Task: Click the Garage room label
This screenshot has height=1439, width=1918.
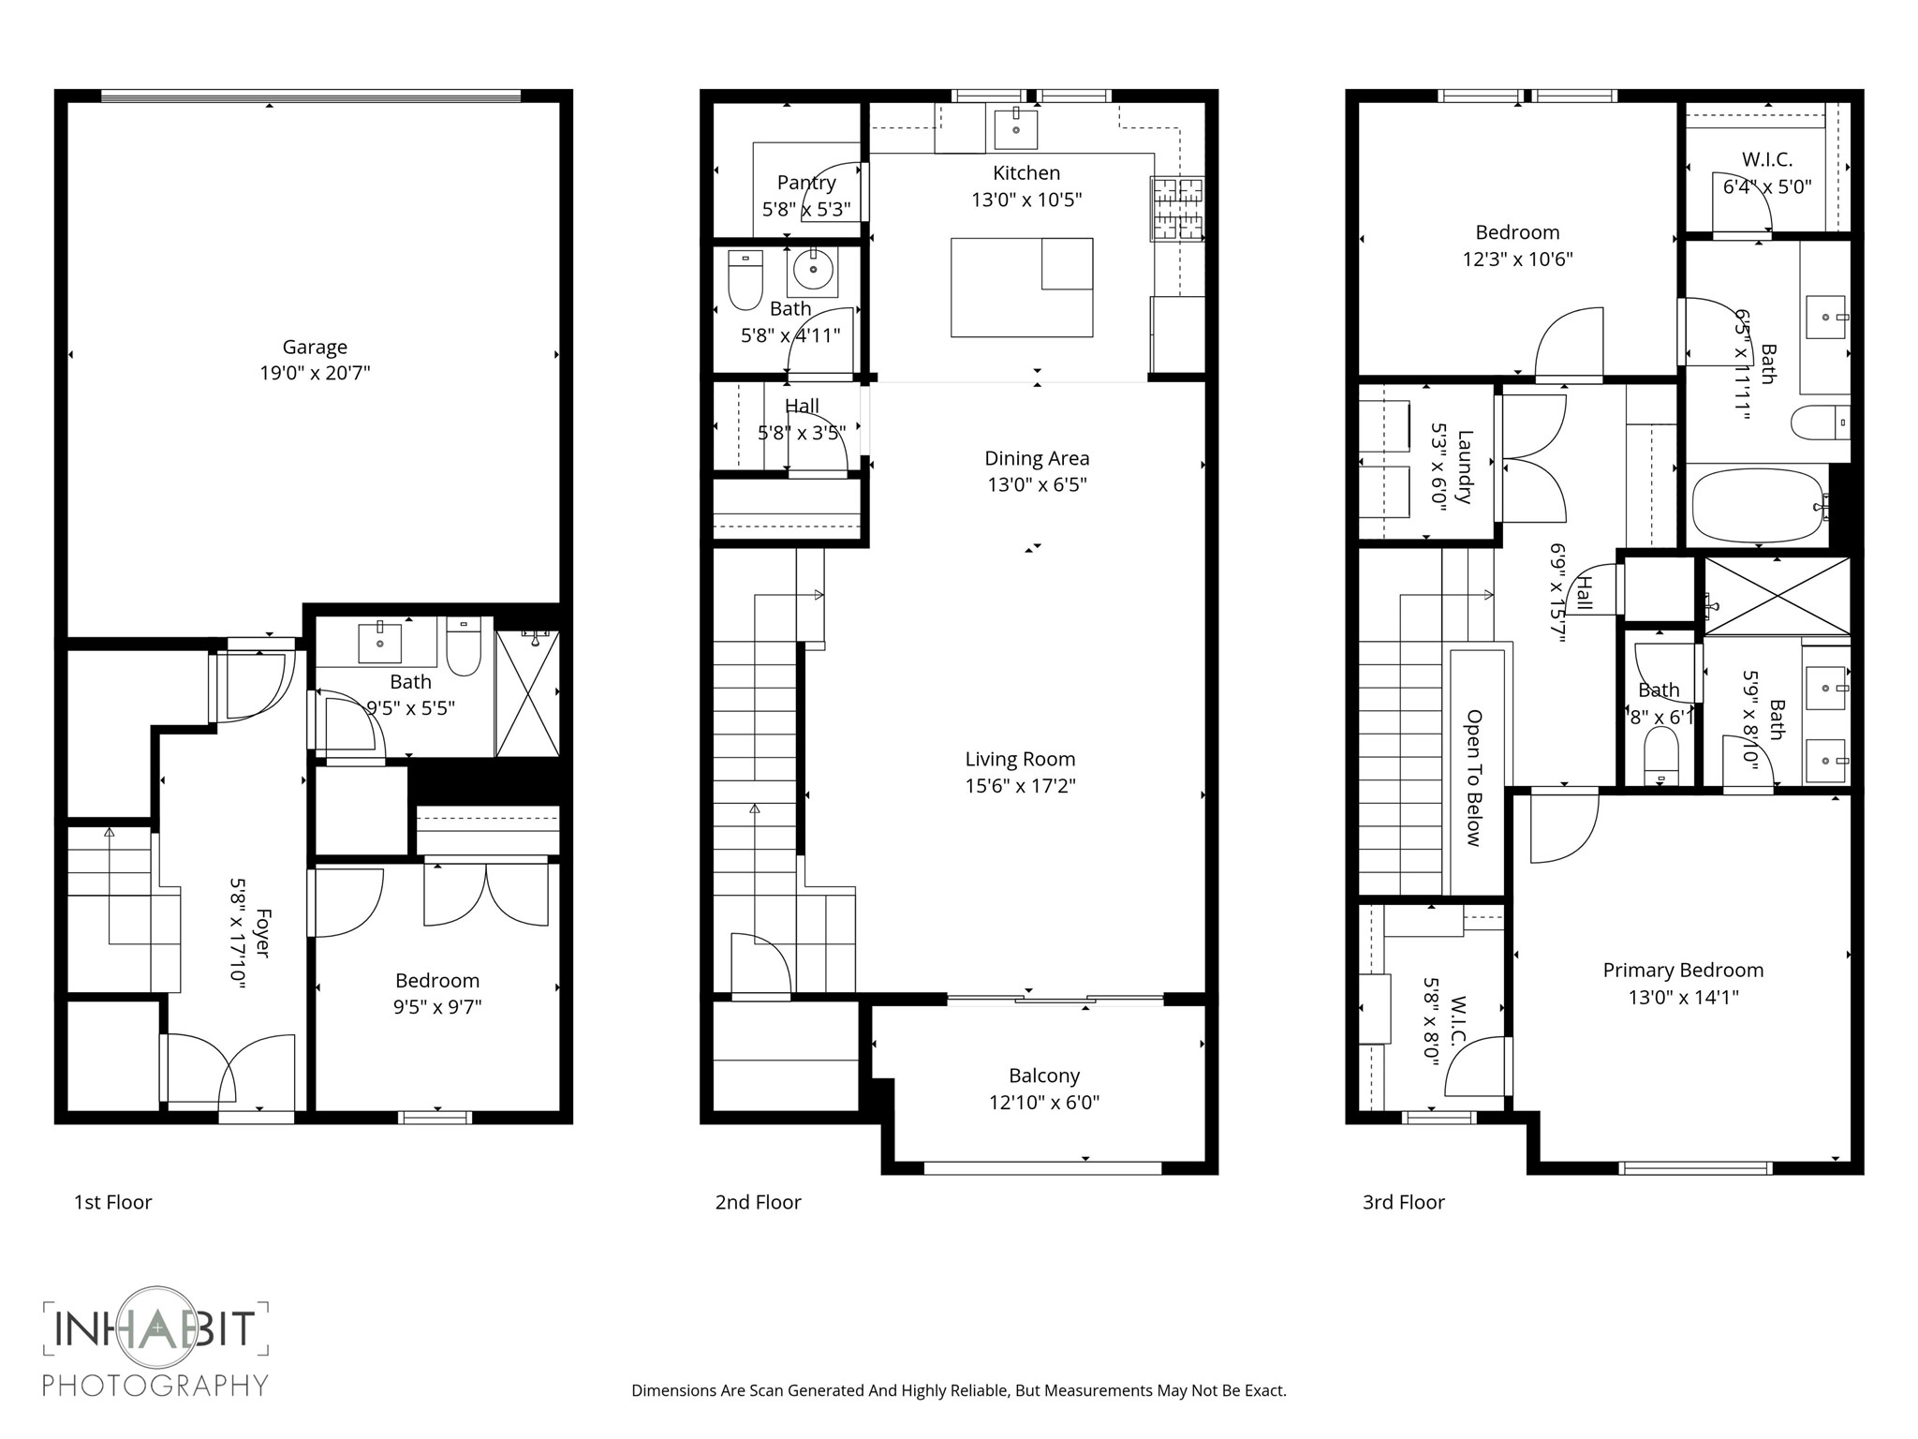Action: point(315,347)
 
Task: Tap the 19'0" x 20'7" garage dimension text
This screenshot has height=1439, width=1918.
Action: point(315,373)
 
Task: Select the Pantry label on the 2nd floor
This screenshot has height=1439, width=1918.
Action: point(806,182)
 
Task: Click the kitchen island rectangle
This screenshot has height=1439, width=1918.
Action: point(1021,287)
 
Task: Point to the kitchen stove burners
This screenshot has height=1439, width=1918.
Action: point(1177,207)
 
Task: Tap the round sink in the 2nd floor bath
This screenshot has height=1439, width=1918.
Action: point(813,271)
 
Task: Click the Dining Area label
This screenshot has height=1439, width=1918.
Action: point(1037,458)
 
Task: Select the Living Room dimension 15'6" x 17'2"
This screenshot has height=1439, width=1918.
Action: point(1020,785)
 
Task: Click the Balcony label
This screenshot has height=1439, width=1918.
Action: point(1043,1076)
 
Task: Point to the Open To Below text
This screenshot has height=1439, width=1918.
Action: point(1474,778)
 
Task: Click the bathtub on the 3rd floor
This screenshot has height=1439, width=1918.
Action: point(1758,506)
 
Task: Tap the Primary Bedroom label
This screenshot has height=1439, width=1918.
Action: point(1682,970)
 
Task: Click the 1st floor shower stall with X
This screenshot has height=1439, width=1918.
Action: point(527,693)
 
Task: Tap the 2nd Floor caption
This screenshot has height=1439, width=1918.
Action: point(758,1202)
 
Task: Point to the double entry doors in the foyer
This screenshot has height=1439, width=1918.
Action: point(229,1068)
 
